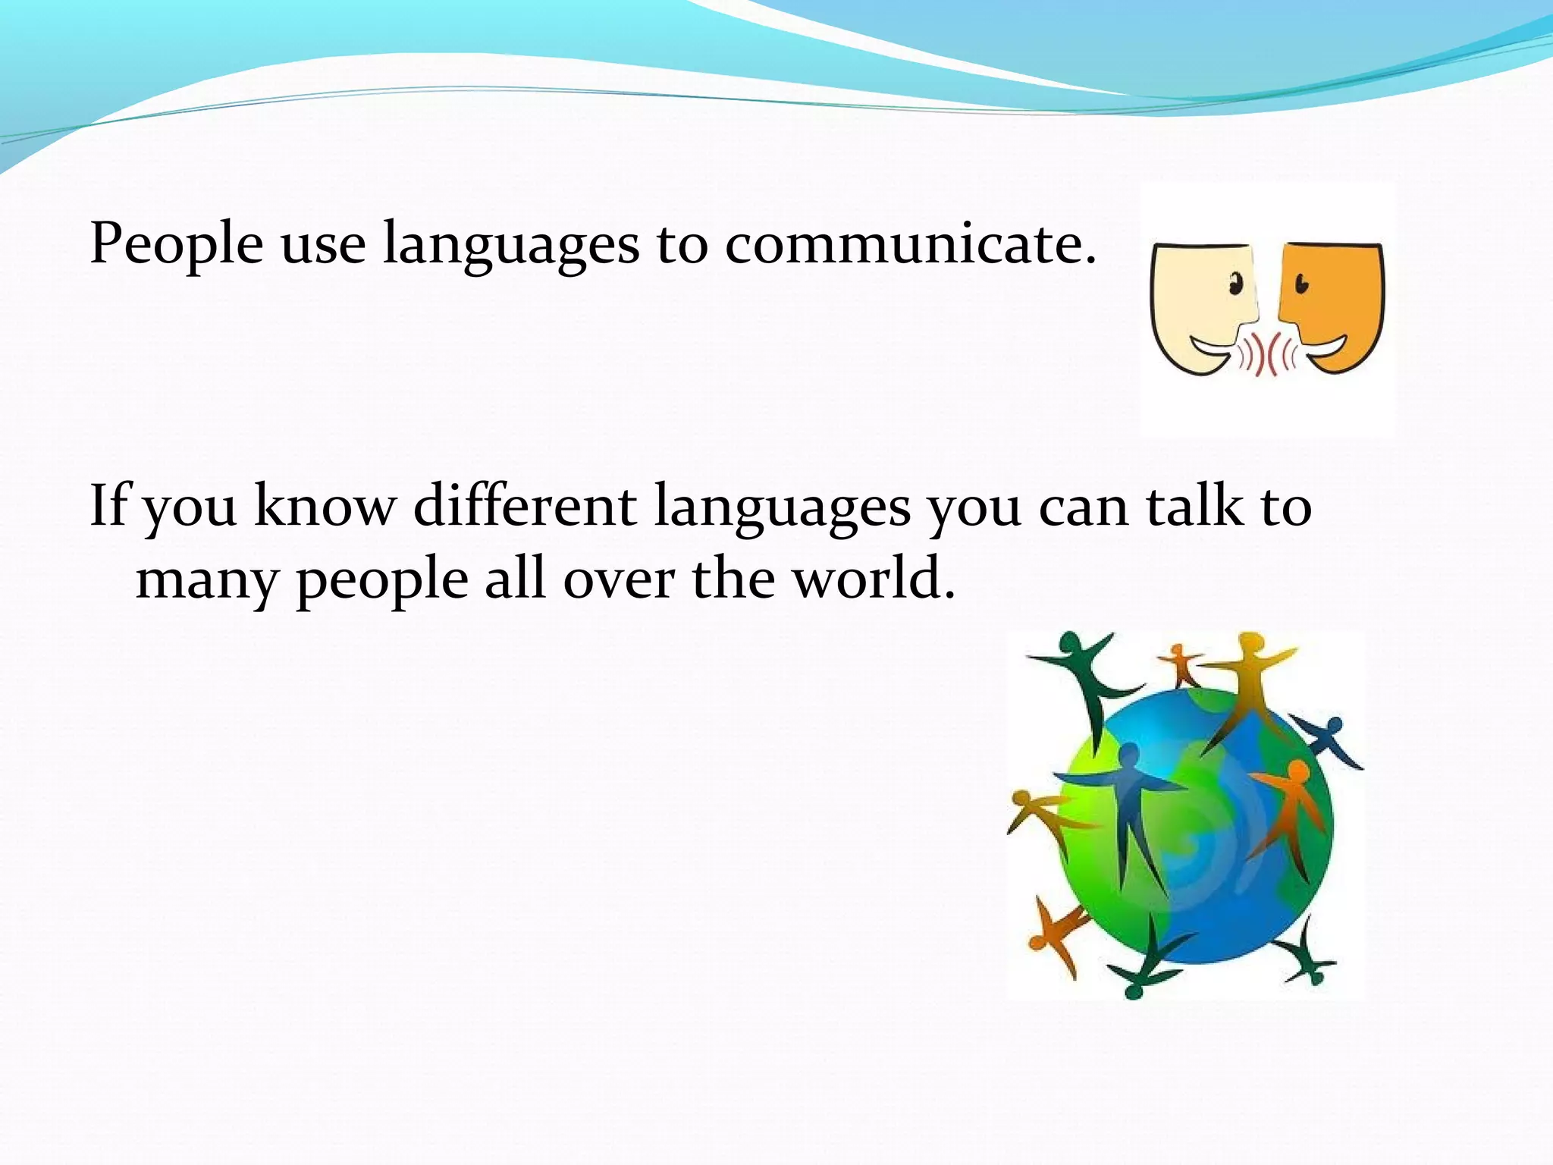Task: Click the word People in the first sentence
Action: (x=176, y=244)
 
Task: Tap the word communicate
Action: (x=910, y=244)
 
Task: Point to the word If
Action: (x=108, y=505)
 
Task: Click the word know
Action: (x=325, y=505)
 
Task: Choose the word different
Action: (x=525, y=505)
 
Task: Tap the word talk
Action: (x=1194, y=505)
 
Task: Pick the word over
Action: (x=619, y=579)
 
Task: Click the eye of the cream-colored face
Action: (x=1236, y=286)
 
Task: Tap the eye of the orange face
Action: (x=1301, y=285)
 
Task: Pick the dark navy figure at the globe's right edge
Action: (x=1330, y=739)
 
